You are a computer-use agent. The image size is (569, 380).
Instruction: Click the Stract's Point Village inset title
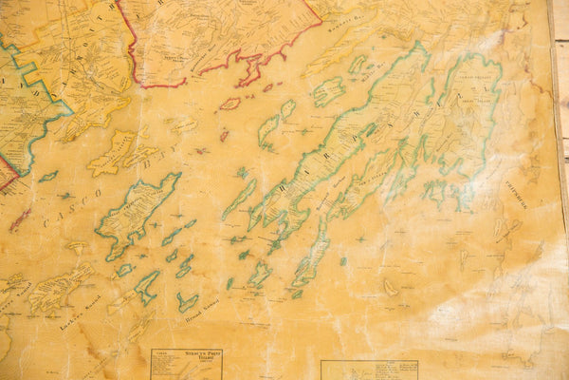(186, 353)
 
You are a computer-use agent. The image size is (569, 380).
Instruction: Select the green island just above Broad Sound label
(187, 301)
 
